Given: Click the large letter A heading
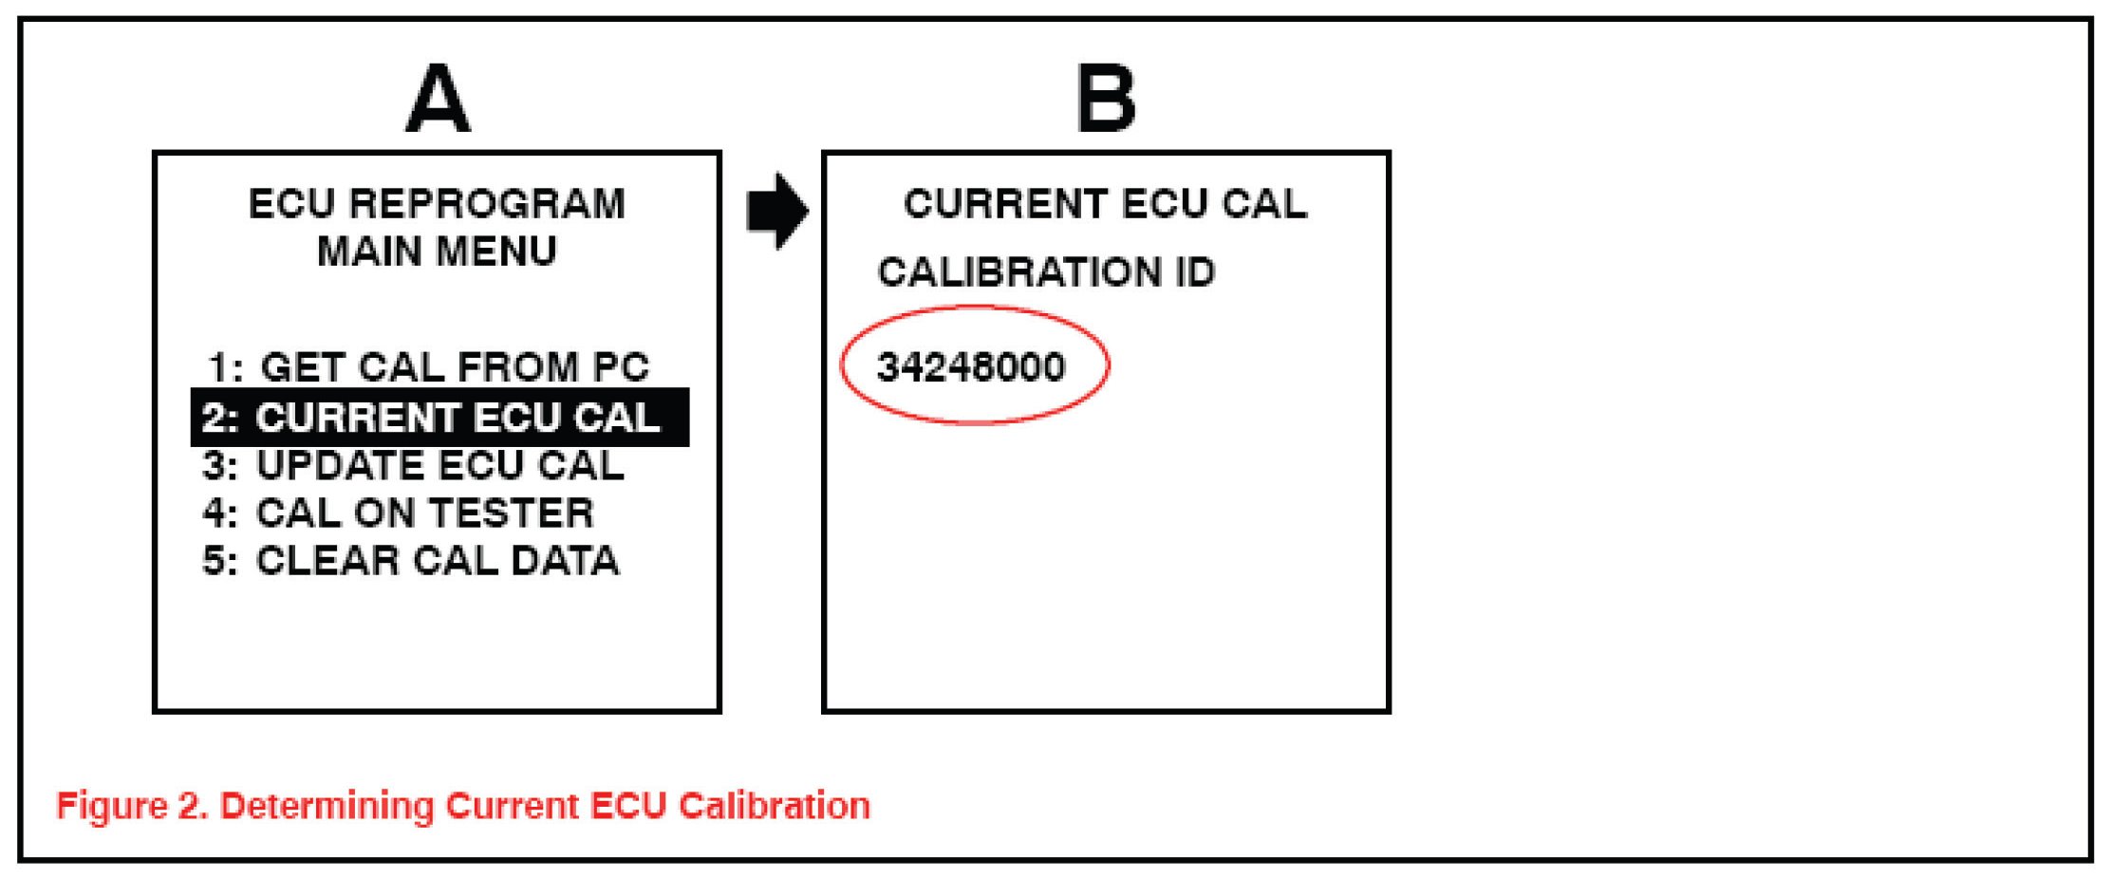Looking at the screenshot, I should pos(438,99).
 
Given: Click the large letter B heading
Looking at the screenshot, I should pos(1106,99).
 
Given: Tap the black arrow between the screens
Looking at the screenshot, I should pos(777,211).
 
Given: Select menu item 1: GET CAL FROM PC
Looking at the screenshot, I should pos(428,367).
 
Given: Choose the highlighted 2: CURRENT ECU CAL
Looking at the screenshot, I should pos(432,418).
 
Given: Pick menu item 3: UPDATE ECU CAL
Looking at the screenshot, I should pos(414,465).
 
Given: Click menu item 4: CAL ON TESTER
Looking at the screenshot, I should pos(399,513).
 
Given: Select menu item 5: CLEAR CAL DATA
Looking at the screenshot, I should pos(411,560).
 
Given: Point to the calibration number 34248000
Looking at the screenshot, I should pos(971,366).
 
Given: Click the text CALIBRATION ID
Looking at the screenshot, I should pos(1046,272).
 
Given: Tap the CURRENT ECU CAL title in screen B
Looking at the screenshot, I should pos(1105,204).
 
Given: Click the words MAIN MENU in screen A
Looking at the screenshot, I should pos(437,252).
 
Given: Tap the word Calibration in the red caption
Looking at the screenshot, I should pos(775,806).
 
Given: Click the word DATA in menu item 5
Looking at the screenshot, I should pos(565,560).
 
